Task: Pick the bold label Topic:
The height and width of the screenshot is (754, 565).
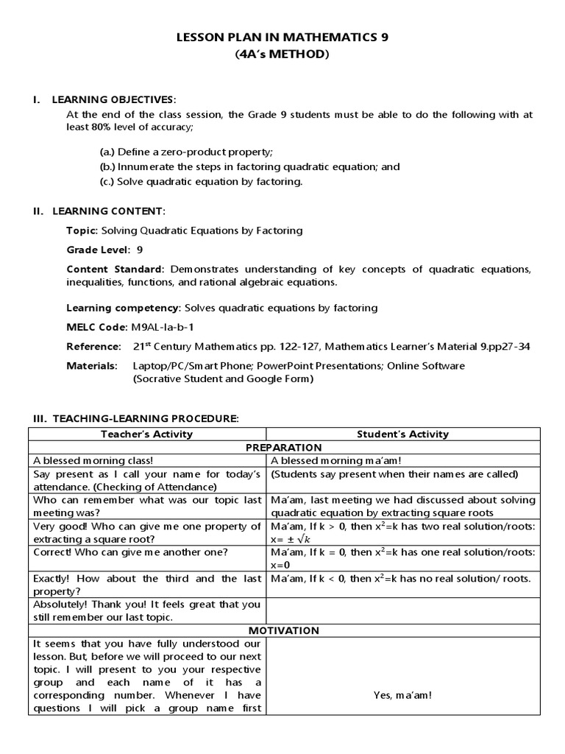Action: [x=82, y=230]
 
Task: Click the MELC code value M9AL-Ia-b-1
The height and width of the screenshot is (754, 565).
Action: [x=163, y=326]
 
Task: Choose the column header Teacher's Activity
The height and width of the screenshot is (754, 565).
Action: [x=147, y=434]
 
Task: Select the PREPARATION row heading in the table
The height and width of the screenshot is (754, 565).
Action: [x=283, y=447]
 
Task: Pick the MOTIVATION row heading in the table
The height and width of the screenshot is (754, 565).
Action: [x=283, y=630]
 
